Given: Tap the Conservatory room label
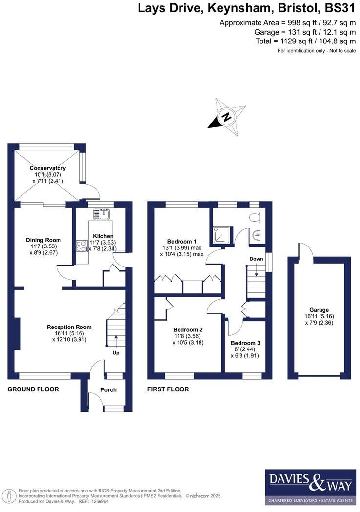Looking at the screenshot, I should (47, 168).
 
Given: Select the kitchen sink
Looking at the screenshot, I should (103, 213).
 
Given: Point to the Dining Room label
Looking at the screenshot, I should (44, 240).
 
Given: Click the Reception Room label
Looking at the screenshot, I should (69, 327).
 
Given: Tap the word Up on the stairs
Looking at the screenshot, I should (116, 352).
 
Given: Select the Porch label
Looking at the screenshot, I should (108, 389).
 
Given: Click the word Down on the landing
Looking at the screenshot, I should (256, 258).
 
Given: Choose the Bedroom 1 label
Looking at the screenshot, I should (181, 242).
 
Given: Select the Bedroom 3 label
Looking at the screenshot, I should (245, 343).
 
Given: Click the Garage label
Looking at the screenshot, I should (319, 310).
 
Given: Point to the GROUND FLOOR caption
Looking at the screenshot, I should (33, 389).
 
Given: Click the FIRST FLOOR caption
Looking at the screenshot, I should (168, 389).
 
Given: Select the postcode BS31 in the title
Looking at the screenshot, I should (339, 8).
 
